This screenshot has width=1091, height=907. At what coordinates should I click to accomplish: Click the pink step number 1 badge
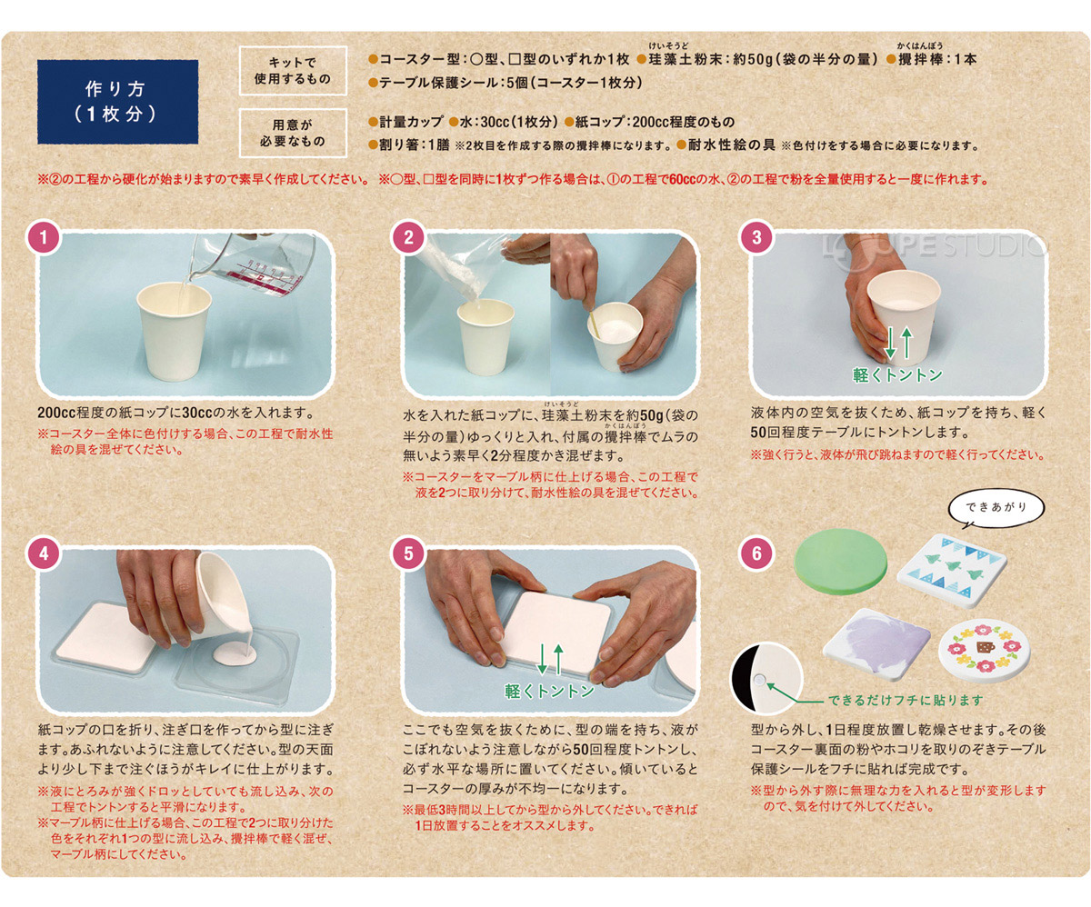(x=44, y=238)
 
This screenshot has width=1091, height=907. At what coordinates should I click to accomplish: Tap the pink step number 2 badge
(x=408, y=238)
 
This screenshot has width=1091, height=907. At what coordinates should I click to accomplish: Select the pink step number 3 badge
(x=756, y=238)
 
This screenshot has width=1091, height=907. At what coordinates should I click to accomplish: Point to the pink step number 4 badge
(x=44, y=553)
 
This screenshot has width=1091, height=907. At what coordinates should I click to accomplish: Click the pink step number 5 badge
(x=408, y=553)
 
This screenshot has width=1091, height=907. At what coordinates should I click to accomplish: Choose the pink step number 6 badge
(x=756, y=553)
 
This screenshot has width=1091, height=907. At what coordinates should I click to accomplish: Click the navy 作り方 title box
(x=117, y=102)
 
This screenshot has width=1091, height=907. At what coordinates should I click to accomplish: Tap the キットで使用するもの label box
(x=293, y=71)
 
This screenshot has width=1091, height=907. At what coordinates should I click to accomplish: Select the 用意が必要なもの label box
(x=293, y=133)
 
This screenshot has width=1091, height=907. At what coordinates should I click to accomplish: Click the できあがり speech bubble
(x=996, y=507)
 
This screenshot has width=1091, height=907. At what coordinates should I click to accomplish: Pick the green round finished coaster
(x=840, y=561)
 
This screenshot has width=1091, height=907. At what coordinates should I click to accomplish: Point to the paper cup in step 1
(x=174, y=330)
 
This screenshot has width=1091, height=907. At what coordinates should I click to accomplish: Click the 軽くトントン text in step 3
(x=897, y=374)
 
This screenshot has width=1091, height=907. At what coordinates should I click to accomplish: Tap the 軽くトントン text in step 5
(x=549, y=692)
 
